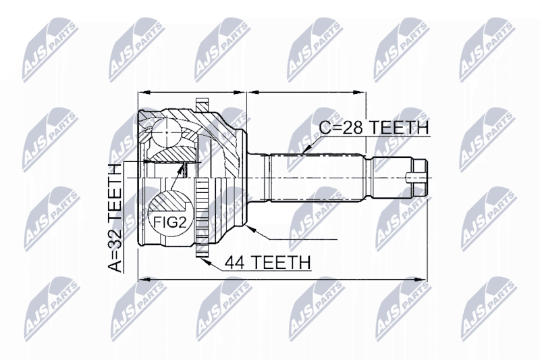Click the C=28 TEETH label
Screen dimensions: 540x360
pyautogui.click(x=374, y=128)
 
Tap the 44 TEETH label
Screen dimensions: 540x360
pyautogui.click(x=267, y=262)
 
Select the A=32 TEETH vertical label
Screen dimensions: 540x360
pyautogui.click(x=115, y=218)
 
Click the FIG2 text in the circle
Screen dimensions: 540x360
pyautogui.click(x=170, y=222)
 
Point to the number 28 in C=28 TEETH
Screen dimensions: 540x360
pyautogui.click(x=352, y=128)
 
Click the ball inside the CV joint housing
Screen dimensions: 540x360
pyautogui.click(x=166, y=132)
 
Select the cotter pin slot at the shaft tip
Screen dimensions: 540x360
pyautogui.click(x=416, y=178)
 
